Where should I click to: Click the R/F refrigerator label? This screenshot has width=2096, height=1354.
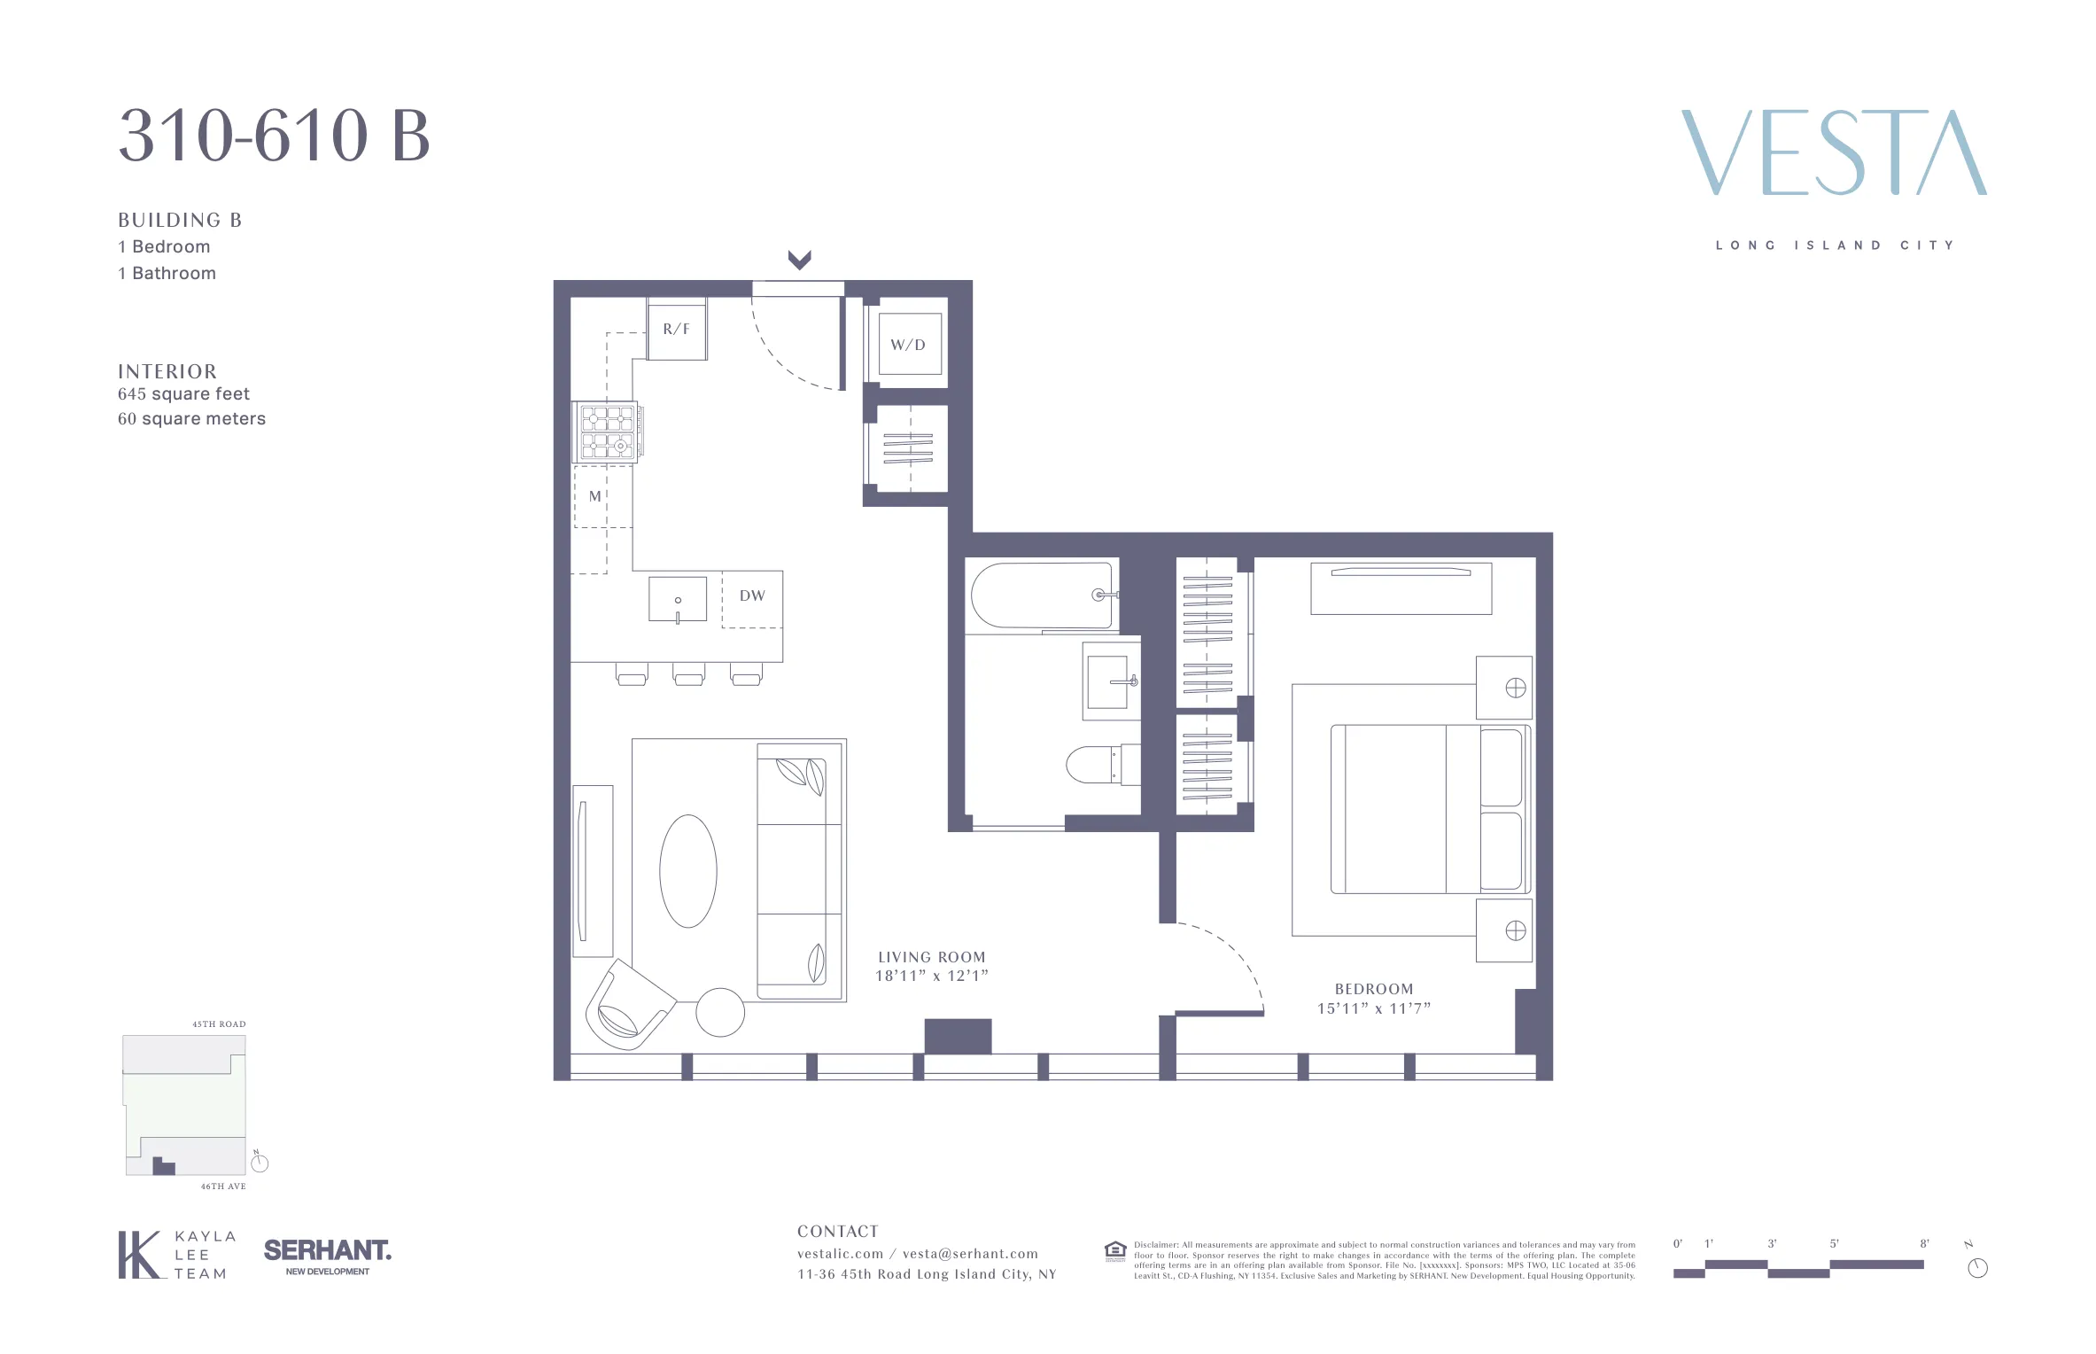[x=676, y=329]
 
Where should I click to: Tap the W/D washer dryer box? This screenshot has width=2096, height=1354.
[x=908, y=345]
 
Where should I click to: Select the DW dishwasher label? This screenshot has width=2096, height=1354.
[x=752, y=595]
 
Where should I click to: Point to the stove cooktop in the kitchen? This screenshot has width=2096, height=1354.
[x=608, y=432]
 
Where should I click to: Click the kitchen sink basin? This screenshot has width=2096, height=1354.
[x=678, y=600]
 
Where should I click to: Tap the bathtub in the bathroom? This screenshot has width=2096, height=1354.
[x=1041, y=595]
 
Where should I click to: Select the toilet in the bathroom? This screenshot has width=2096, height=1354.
[x=1098, y=766]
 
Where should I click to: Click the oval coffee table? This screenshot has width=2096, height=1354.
[x=687, y=871]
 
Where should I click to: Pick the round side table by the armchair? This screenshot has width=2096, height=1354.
[x=720, y=1012]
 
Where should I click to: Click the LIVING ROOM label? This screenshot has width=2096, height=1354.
[x=931, y=957]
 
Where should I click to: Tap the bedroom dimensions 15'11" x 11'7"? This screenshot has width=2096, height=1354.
[x=1373, y=1008]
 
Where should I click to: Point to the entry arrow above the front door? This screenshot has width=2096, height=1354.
[x=799, y=260]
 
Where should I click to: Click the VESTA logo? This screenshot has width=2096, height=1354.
[x=1834, y=153]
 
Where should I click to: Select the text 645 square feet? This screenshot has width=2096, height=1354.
[x=183, y=394]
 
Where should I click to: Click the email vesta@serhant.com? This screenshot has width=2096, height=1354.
[x=970, y=1254]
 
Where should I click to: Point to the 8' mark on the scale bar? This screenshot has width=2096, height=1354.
[x=1923, y=1244]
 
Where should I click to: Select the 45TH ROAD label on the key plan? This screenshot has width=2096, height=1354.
[x=219, y=1024]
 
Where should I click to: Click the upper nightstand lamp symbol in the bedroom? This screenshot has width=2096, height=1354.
[x=1515, y=688]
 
